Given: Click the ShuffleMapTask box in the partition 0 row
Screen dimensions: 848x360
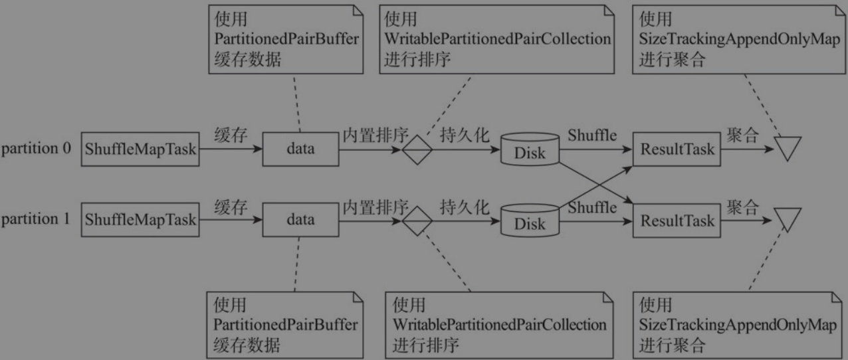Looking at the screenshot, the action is tap(140, 149).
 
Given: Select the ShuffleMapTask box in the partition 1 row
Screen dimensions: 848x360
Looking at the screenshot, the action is tap(140, 220).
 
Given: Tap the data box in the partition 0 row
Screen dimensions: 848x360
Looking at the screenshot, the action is tap(300, 149).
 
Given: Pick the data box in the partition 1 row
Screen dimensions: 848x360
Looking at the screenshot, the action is tap(300, 220).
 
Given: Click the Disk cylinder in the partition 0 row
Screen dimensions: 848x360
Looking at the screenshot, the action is tap(530, 149).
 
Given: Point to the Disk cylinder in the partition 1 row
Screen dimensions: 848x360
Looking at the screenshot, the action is tap(530, 221).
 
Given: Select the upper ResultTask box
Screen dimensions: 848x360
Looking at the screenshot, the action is tap(677, 149).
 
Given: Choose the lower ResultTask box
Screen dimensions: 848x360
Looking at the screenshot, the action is tap(677, 221).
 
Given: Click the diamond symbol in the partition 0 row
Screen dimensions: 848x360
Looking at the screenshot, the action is tap(417, 150).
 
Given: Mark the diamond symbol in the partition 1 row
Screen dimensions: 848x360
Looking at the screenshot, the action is tap(417, 221).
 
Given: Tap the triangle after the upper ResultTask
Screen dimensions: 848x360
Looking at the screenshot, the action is tap(788, 145).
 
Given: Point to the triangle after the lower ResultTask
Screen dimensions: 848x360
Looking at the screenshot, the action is tap(788, 217).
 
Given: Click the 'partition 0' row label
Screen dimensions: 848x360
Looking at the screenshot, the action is tap(36, 148).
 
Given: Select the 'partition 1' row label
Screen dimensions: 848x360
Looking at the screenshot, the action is tap(36, 219).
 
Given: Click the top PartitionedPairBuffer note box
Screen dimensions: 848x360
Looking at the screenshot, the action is tap(286, 39).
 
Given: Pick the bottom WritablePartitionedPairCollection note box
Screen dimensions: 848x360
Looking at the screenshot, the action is tap(499, 325).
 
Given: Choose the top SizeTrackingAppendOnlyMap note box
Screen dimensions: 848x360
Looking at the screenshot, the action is tap(738, 39).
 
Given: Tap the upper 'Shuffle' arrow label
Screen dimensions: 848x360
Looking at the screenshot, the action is tap(592, 135).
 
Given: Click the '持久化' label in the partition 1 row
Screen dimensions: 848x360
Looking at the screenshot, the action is tap(465, 207).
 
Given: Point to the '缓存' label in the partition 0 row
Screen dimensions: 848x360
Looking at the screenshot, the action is tap(231, 135).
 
